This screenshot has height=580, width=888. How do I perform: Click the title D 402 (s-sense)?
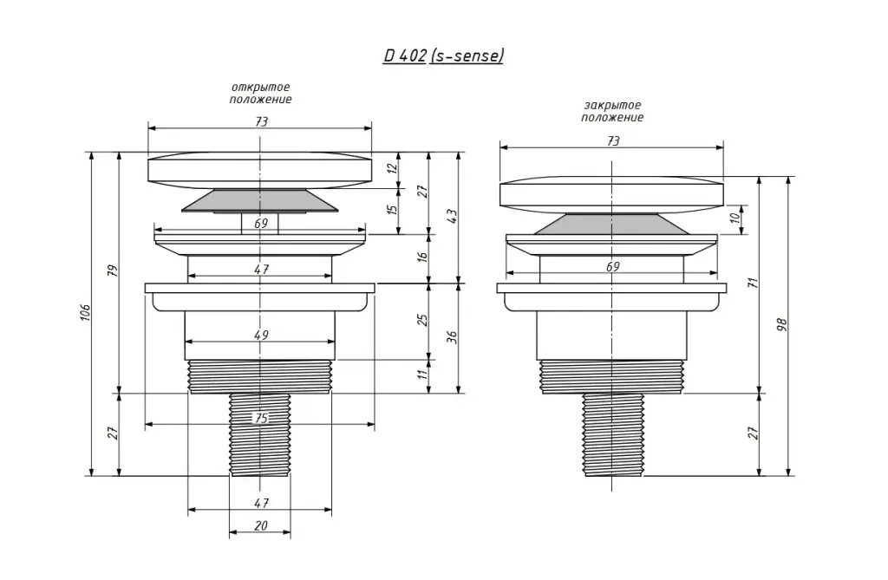(x=443, y=56)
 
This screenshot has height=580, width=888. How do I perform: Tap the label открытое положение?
(x=260, y=94)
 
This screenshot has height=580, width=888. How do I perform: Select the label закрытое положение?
(x=612, y=112)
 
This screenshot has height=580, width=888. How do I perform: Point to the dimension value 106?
(x=85, y=312)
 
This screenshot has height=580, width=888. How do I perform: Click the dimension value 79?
(x=113, y=270)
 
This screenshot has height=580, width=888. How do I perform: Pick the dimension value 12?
(x=393, y=168)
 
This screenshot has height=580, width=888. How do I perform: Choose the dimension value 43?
(x=451, y=216)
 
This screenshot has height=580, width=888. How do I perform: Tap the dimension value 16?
(x=422, y=256)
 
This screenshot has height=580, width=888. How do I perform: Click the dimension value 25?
(x=422, y=319)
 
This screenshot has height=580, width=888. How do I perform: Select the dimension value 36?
(x=451, y=337)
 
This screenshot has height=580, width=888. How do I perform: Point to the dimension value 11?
(x=422, y=374)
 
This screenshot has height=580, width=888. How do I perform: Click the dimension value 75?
(x=260, y=418)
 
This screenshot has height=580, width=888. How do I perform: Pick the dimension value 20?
(x=260, y=525)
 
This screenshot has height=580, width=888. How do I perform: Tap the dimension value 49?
(x=261, y=335)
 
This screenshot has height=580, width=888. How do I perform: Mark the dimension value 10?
(x=735, y=217)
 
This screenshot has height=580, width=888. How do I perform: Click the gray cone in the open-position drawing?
(x=260, y=201)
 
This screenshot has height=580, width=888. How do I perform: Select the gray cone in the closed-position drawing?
(x=611, y=224)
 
